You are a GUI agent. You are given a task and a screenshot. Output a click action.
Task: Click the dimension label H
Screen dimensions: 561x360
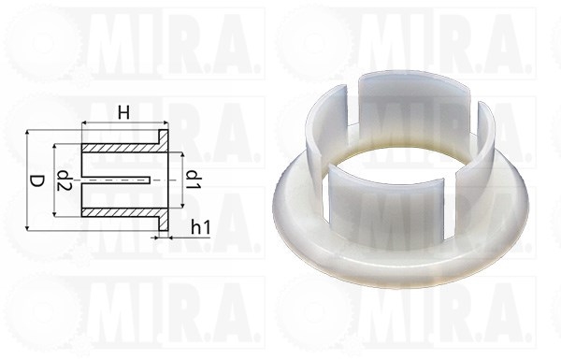(x=123, y=113)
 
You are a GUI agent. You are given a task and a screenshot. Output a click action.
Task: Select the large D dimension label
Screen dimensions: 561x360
(x=36, y=181)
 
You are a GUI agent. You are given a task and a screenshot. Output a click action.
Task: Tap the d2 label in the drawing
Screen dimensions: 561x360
(x=65, y=180)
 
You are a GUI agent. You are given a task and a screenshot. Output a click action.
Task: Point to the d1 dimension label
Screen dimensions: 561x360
(x=194, y=180)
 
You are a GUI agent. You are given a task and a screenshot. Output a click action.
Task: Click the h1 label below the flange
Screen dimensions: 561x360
(x=201, y=227)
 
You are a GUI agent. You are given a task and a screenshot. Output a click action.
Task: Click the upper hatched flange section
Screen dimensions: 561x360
(x=164, y=141)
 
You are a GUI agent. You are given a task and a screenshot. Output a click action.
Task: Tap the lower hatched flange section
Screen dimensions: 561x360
(x=163, y=220)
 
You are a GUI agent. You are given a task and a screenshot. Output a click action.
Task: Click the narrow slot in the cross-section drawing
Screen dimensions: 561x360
(x=116, y=180)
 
